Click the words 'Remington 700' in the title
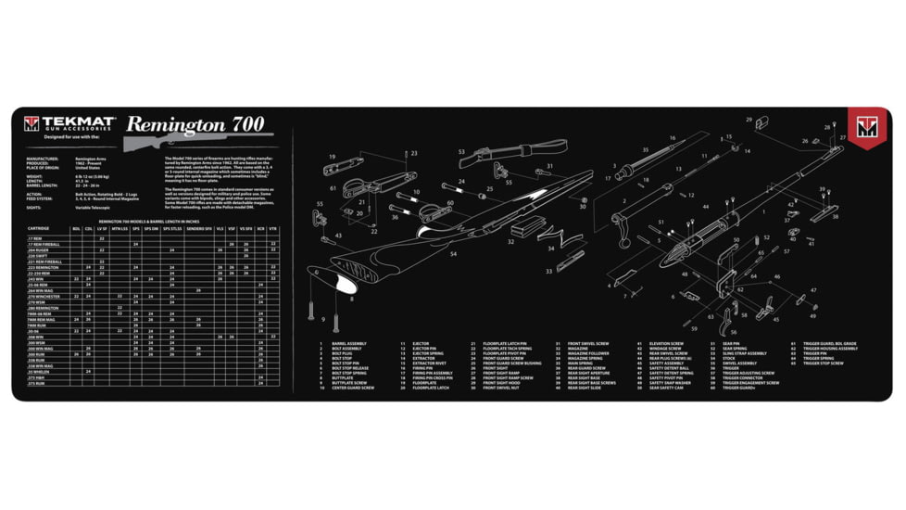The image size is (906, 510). point(195,124)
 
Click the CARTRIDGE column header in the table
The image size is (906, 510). point(39,228)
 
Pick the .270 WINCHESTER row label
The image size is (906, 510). point(43,296)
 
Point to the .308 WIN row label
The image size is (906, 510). point(35,337)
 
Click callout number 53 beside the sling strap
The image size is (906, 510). point(461,151)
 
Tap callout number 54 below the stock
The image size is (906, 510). point(453,253)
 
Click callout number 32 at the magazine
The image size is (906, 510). point(510,242)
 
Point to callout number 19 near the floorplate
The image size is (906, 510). point(331,157)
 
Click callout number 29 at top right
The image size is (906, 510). point(761,119)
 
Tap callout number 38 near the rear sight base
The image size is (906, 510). point(835,217)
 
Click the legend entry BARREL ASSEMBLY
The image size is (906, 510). point(348,343)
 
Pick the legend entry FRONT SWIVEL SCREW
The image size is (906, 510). point(587,343)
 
